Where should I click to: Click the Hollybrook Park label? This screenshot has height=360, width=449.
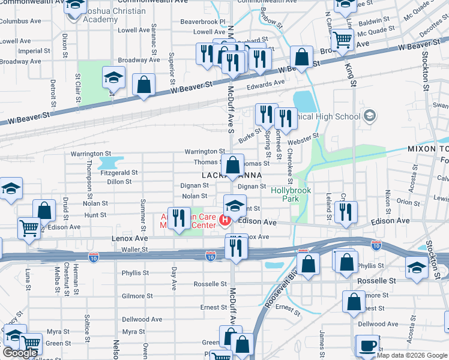click(291, 194)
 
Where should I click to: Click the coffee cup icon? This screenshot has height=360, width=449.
click(367, 346)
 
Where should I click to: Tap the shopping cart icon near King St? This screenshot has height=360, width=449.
click(342, 40)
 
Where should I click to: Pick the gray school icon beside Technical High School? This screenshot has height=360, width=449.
click(370, 115)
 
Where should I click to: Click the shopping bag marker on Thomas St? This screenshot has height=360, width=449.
click(232, 164)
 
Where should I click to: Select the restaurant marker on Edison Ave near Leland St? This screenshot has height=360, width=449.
click(345, 211)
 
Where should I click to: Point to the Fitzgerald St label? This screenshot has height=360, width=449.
click(119, 172)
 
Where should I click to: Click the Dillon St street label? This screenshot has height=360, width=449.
click(119, 181)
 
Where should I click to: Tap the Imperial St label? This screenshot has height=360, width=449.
click(30, 51)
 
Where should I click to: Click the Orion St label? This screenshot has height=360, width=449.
click(408, 202)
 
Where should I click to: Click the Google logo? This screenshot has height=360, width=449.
click(20, 353)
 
